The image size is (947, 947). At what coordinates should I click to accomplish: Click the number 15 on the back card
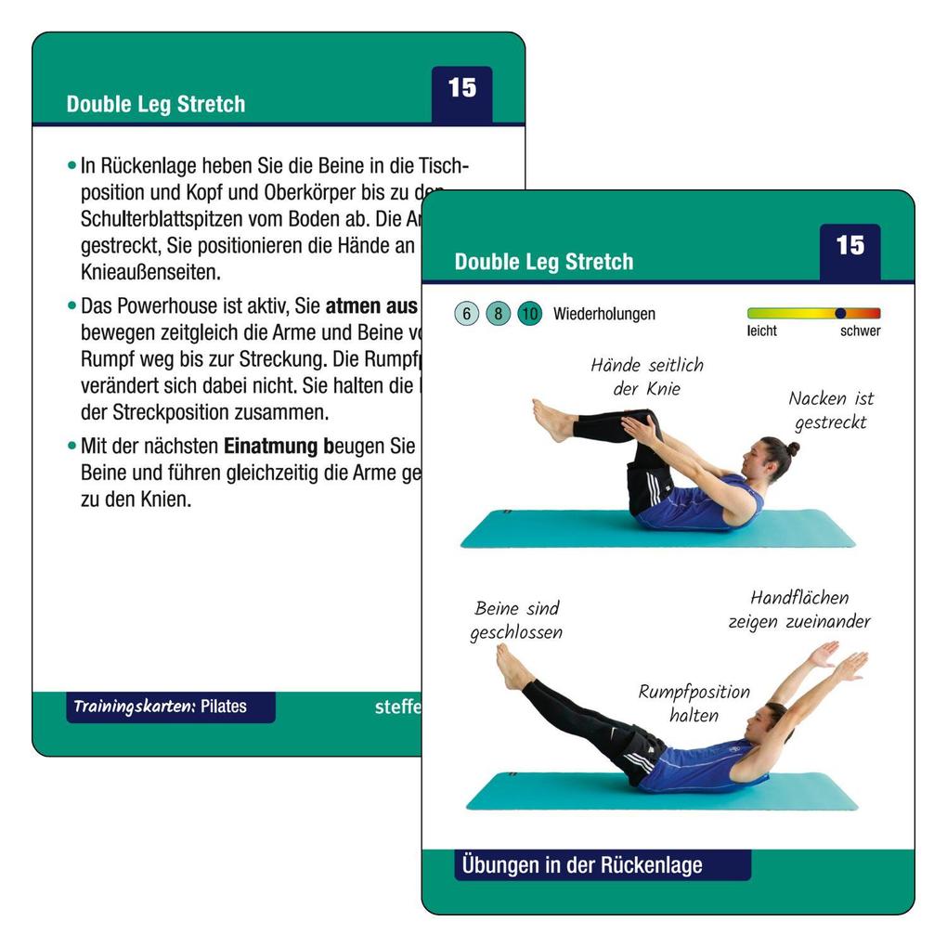[461, 88]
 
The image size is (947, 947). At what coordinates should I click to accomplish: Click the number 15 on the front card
[850, 246]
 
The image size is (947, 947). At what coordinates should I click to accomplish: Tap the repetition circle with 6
[467, 314]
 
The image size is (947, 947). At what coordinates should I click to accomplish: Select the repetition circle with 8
[498, 314]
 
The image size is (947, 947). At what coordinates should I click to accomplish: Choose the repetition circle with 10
[529, 314]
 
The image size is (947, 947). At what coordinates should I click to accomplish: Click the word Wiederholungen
[603, 314]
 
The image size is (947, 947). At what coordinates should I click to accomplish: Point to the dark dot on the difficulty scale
[840, 314]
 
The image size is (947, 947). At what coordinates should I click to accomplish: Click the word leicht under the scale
[761, 331]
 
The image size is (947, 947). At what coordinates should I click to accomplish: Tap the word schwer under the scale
[860, 331]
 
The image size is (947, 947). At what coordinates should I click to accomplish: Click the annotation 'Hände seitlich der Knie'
[646, 377]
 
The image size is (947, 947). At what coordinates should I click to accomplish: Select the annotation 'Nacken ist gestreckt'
[831, 410]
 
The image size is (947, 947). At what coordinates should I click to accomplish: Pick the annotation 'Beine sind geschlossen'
[516, 620]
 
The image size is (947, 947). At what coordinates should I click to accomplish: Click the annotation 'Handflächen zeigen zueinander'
[798, 609]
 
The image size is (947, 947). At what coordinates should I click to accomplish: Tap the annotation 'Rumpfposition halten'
[694, 703]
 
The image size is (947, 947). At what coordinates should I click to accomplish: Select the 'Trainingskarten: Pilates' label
[161, 707]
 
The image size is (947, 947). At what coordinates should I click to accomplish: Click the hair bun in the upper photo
[792, 448]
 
